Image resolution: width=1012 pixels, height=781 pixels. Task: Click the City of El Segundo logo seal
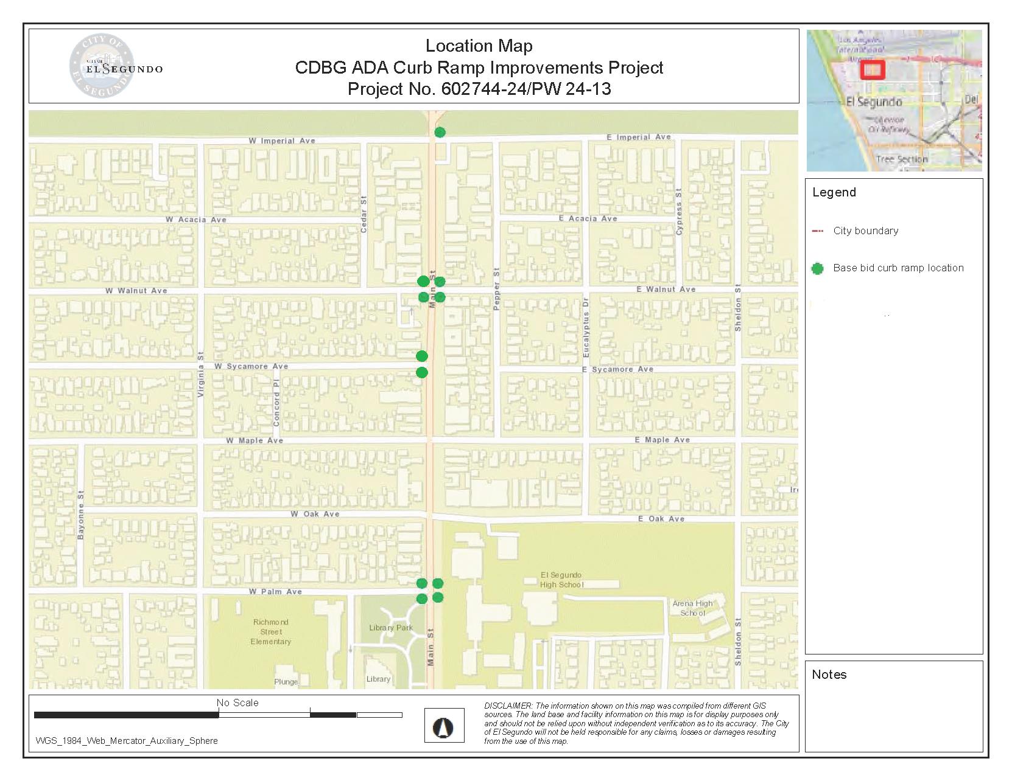click(x=101, y=66)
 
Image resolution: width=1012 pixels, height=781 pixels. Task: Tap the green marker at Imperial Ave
click(x=440, y=132)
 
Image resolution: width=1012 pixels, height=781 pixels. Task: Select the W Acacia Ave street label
click(x=195, y=220)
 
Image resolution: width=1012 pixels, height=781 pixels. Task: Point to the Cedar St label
click(x=364, y=214)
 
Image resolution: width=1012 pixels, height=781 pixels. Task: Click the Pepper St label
click(x=496, y=289)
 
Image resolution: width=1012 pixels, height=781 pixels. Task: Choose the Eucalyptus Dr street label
click(x=586, y=327)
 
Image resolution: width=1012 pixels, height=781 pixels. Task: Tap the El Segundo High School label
click(x=561, y=580)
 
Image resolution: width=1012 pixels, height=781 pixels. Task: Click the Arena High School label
click(x=692, y=608)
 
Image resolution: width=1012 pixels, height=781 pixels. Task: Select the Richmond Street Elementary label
click(x=271, y=631)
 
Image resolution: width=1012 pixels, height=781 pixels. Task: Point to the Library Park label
click(x=391, y=628)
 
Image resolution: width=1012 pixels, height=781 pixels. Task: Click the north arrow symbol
click(x=444, y=726)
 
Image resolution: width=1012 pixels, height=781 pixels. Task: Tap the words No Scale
click(x=237, y=703)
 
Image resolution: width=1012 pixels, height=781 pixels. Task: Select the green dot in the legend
click(x=818, y=268)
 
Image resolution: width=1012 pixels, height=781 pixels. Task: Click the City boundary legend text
click(x=865, y=231)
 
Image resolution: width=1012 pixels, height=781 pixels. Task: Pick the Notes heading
click(x=829, y=674)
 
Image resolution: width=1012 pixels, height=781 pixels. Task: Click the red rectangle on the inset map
click(x=873, y=70)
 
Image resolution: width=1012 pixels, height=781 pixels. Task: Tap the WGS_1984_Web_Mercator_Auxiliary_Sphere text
click(x=127, y=741)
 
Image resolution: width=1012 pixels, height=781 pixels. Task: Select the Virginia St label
click(x=201, y=375)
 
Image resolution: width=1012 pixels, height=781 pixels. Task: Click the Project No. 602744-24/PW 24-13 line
click(x=479, y=89)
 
